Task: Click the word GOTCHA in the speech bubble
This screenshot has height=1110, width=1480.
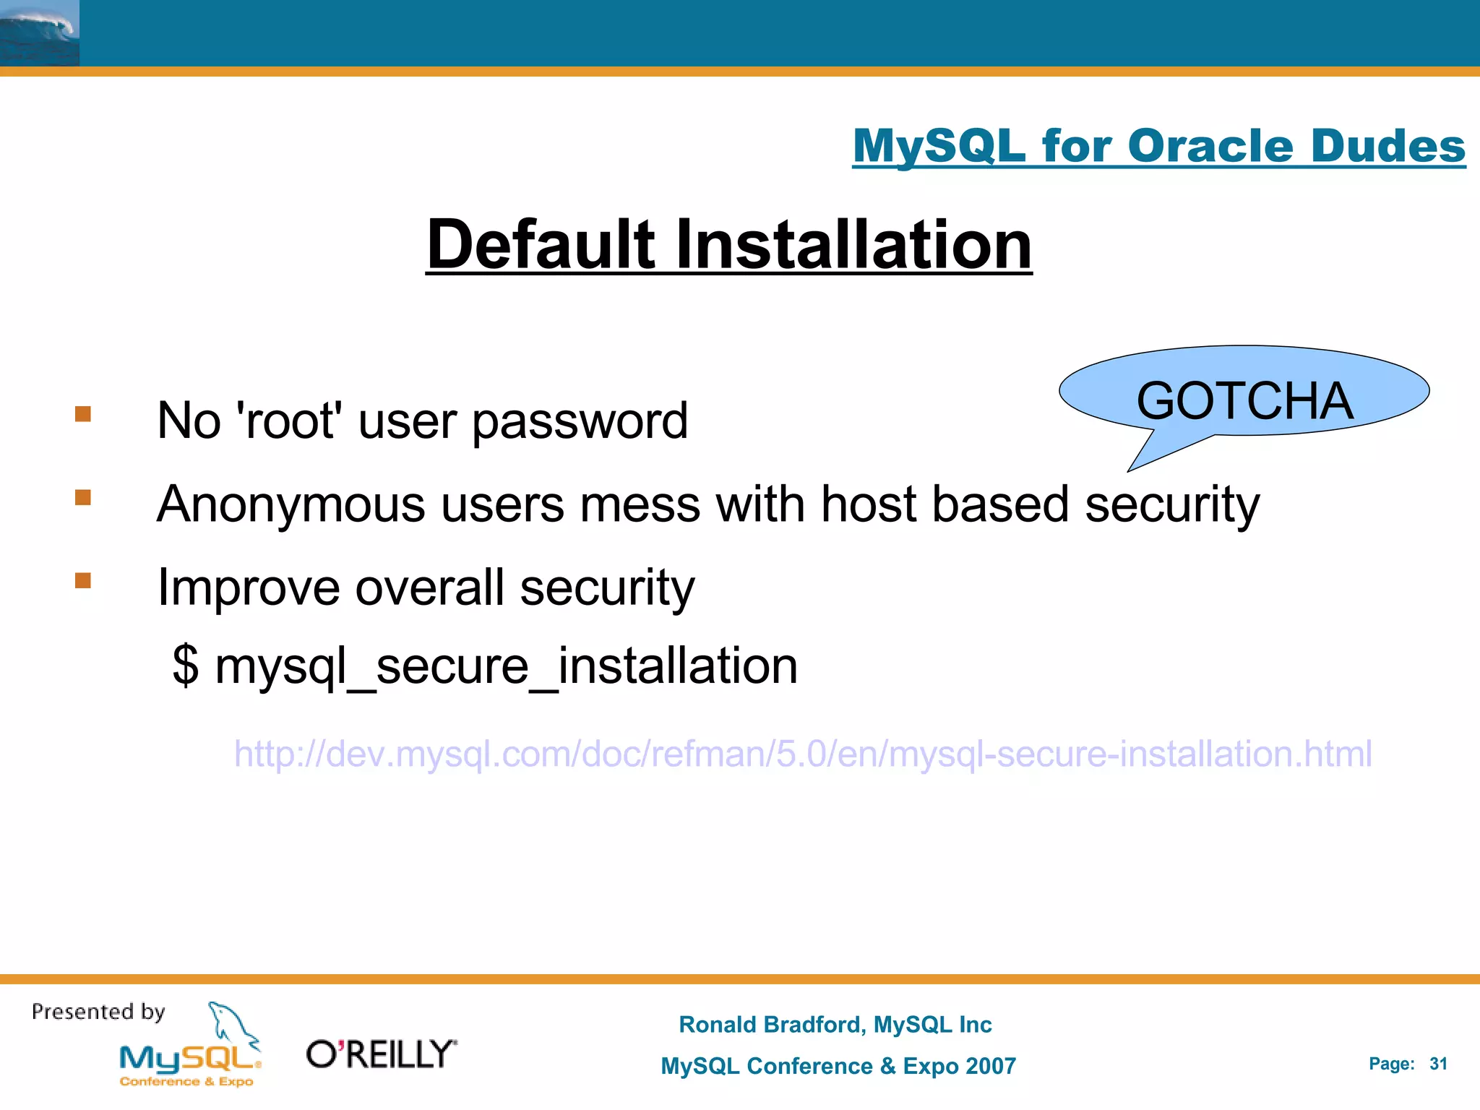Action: tap(1244, 401)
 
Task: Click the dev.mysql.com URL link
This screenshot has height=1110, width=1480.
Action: tap(802, 754)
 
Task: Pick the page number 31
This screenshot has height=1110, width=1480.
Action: tap(1438, 1064)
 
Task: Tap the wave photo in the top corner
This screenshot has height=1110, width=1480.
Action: tap(40, 33)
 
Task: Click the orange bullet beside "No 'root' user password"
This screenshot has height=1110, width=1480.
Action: tap(83, 414)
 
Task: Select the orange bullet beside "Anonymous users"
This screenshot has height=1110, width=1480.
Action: tap(83, 498)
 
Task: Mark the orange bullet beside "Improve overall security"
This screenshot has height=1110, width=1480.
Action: tap(83, 581)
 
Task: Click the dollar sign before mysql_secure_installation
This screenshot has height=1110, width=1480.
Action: tap(186, 666)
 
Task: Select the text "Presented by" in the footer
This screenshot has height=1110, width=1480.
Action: tap(98, 1012)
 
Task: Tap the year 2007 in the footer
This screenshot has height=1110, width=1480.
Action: tap(990, 1066)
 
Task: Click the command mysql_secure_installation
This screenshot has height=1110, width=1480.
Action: tap(506, 666)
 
